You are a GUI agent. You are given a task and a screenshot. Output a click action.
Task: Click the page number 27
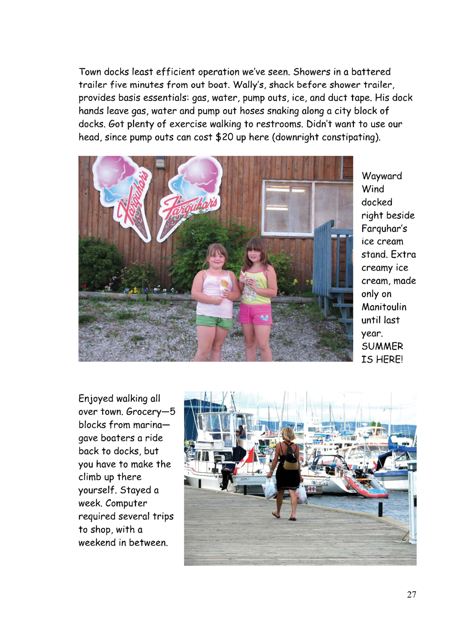tap(411, 594)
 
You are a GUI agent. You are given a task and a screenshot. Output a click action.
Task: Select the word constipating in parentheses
tap(349, 137)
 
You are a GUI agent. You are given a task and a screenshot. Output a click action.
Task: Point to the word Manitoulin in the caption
tap(384, 307)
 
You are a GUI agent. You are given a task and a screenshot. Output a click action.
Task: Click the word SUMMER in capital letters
tap(382, 346)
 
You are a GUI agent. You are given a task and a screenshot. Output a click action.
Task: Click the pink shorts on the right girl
tap(255, 314)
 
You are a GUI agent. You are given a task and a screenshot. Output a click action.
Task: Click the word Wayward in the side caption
tap(382, 176)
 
